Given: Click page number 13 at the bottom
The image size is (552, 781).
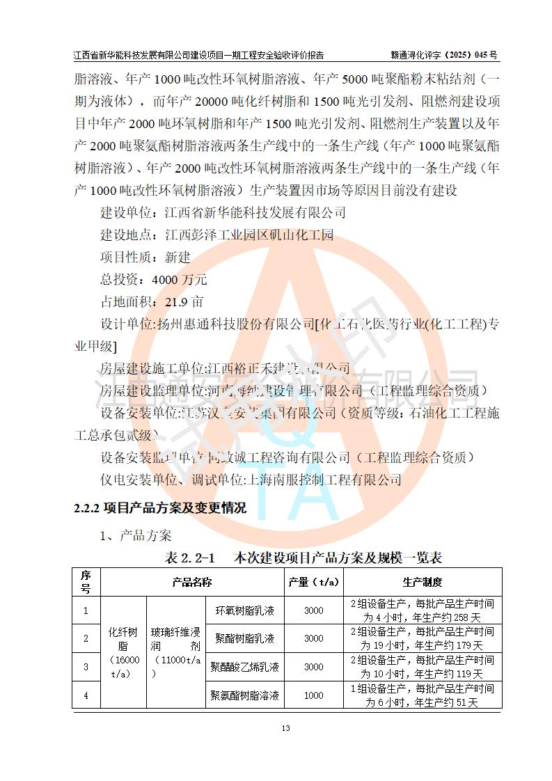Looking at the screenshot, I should pyautogui.click(x=285, y=728).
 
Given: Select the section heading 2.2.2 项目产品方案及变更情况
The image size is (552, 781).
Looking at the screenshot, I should pyautogui.click(x=160, y=508).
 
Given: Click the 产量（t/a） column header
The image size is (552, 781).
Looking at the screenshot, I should pyautogui.click(x=313, y=582).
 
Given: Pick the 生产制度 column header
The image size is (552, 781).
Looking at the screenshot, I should pyautogui.click(x=422, y=582).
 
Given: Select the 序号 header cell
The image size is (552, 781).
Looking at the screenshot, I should pyautogui.click(x=86, y=582).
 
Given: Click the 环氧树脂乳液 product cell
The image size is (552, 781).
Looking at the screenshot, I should pyautogui.click(x=245, y=610).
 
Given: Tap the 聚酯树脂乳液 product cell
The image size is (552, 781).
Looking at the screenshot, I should pyautogui.click(x=245, y=638).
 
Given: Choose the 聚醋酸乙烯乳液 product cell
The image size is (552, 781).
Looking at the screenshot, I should pyautogui.click(x=245, y=667).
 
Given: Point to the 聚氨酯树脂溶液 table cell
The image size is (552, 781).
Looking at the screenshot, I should pyautogui.click(x=245, y=695).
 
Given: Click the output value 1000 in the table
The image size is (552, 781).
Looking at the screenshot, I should pyautogui.click(x=313, y=695).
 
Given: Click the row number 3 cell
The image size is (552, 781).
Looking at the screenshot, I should pyautogui.click(x=86, y=667).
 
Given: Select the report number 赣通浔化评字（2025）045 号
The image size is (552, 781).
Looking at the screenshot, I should pyautogui.click(x=444, y=54).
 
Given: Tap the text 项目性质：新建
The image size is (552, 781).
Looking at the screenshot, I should pyautogui.click(x=145, y=258).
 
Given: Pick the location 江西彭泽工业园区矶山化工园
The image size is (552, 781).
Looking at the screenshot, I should pyautogui.click(x=249, y=235).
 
